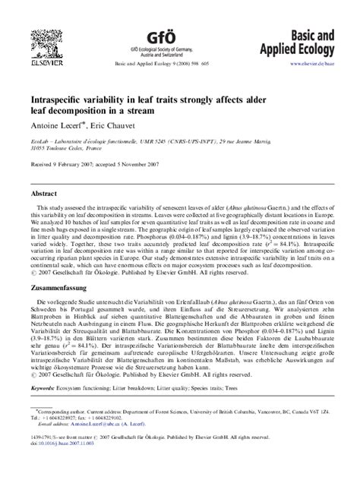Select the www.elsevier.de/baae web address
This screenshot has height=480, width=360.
click(x=312, y=65)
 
